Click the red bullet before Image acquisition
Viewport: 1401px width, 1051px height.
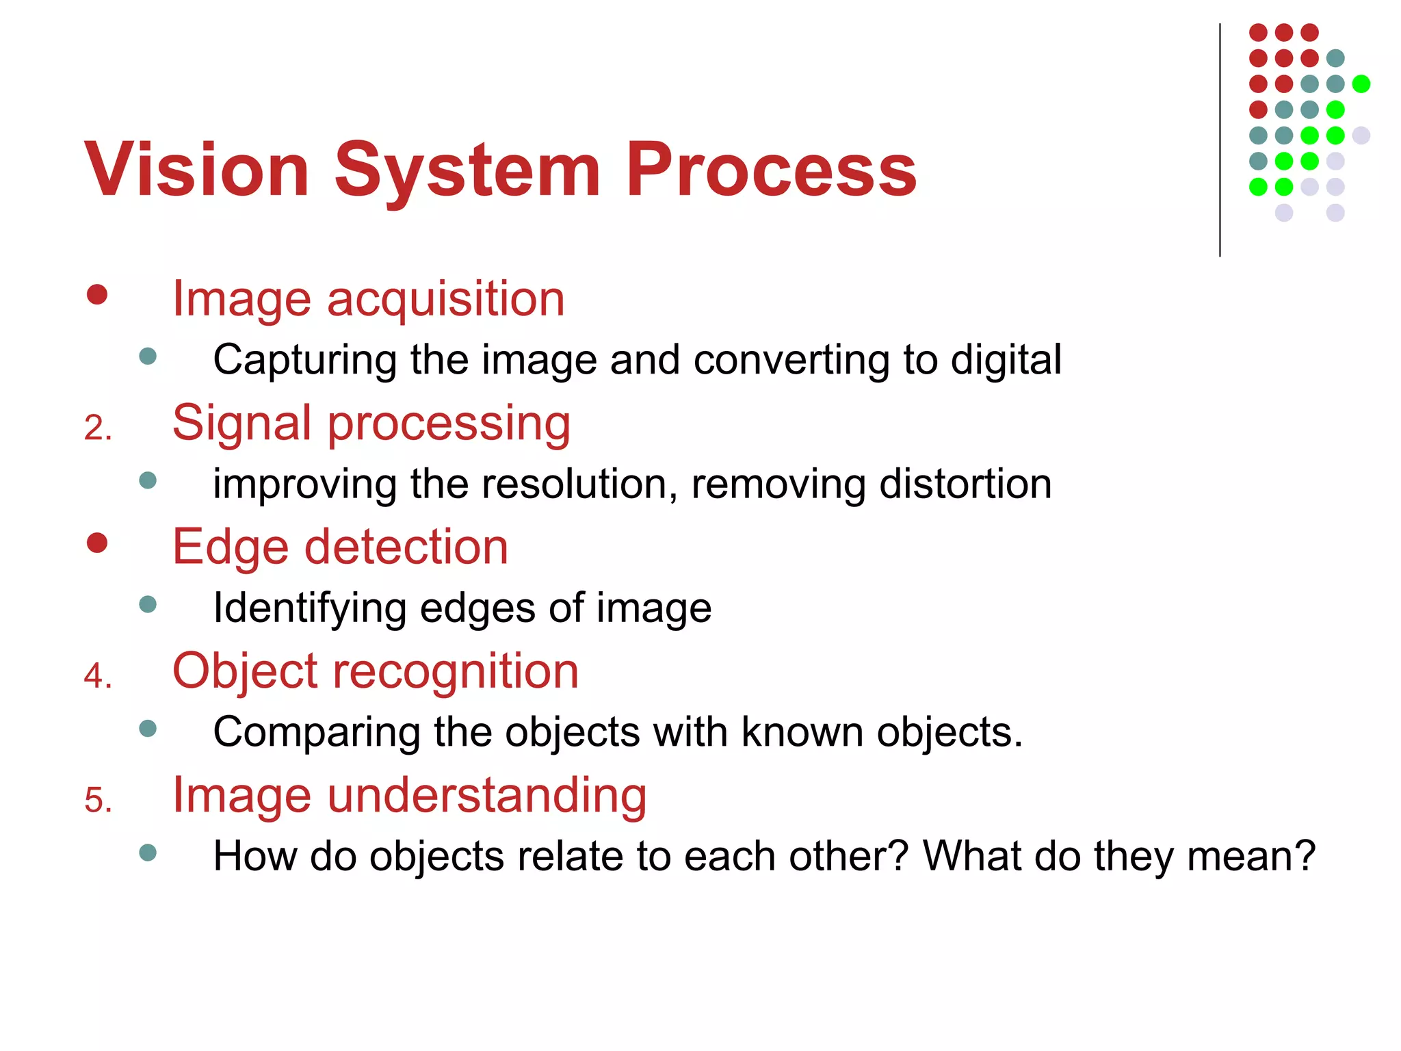pyautogui.click(x=97, y=295)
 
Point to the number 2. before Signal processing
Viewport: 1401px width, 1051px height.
pyautogui.click(x=98, y=428)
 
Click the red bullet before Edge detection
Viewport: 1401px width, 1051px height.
pyautogui.click(x=97, y=543)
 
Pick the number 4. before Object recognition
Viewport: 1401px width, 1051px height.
pyautogui.click(x=98, y=676)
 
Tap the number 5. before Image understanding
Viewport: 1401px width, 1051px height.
pyautogui.click(x=98, y=801)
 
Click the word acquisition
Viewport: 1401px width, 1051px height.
pyautogui.click(x=445, y=300)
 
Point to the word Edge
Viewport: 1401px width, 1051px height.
pyautogui.click(x=231, y=548)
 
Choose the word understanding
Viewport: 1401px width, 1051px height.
pyautogui.click(x=486, y=795)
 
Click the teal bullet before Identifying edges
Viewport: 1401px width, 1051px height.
pyautogui.click(x=148, y=604)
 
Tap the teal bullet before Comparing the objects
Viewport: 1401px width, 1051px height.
pyautogui.click(x=148, y=728)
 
